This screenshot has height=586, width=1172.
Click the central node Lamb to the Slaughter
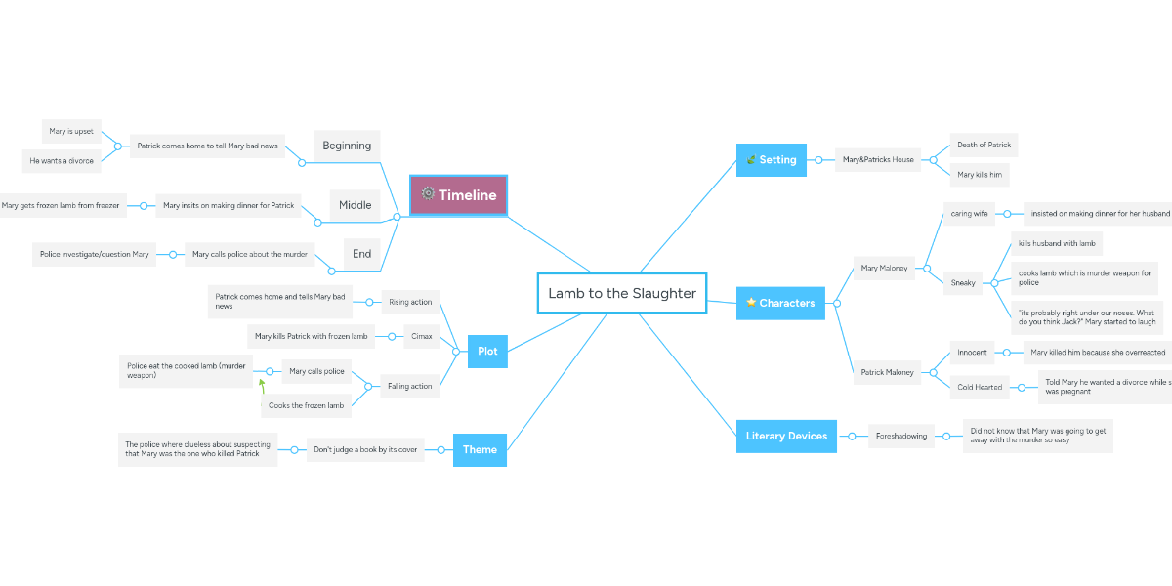click(621, 293)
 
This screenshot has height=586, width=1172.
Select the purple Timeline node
click(458, 194)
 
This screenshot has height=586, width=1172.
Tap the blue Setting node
click(771, 160)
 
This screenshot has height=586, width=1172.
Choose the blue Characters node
click(779, 303)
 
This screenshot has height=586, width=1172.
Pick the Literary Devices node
click(786, 436)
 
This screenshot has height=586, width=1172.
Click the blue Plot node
click(487, 352)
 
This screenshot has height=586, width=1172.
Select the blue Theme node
click(480, 449)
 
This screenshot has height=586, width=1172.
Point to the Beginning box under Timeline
click(347, 146)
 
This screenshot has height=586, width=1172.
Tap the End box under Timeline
click(361, 254)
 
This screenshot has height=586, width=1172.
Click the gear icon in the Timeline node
click(428, 193)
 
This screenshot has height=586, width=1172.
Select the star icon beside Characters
click(751, 303)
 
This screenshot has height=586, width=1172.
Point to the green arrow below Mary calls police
click(262, 385)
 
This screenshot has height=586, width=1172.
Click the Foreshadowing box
click(900, 436)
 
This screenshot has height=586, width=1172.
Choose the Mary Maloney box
click(884, 268)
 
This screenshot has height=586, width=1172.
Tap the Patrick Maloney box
click(887, 372)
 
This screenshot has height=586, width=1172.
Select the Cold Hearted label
click(980, 387)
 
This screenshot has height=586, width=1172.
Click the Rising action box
click(410, 302)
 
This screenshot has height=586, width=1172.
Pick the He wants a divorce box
click(62, 161)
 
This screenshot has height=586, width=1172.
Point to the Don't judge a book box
click(365, 450)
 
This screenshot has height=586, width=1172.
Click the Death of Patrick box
click(984, 146)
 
